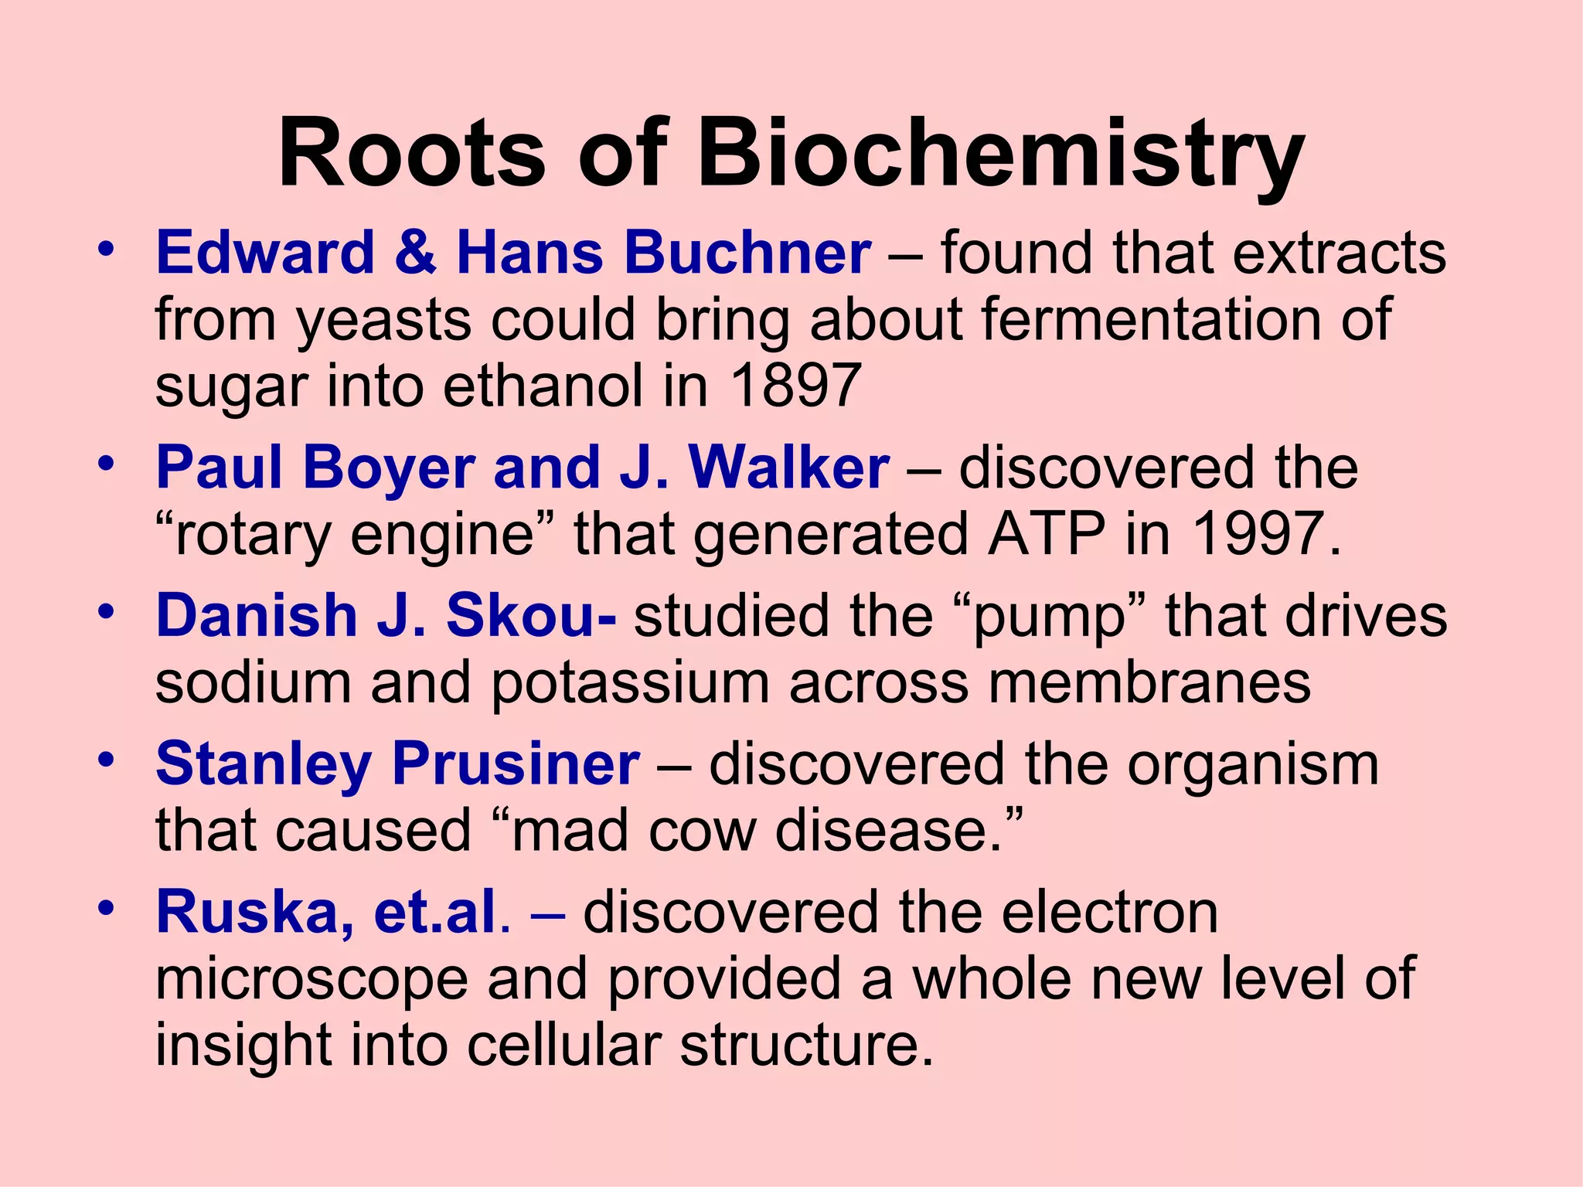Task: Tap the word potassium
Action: point(630,683)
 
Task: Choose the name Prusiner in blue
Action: point(516,764)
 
